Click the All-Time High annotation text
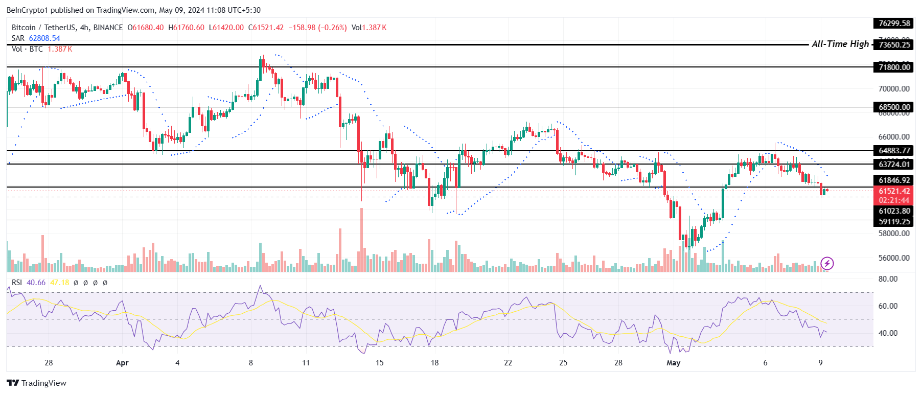tap(840, 44)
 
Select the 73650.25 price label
tap(894, 45)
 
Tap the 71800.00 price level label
tap(894, 67)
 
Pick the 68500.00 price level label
tap(894, 107)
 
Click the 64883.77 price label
tap(894, 150)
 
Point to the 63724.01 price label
tap(894, 164)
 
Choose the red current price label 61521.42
tap(894, 191)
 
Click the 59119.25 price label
tap(894, 222)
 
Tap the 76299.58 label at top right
tap(894, 24)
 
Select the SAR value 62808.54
tap(44, 38)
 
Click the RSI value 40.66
tap(36, 283)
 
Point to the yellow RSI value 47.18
tap(60, 283)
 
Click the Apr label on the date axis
tap(122, 363)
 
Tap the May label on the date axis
tap(674, 363)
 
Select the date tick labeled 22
tap(508, 363)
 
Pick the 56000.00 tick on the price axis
tap(894, 258)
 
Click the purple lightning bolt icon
tap(827, 263)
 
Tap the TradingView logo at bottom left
tap(37, 383)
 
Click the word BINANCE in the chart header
tap(108, 28)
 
